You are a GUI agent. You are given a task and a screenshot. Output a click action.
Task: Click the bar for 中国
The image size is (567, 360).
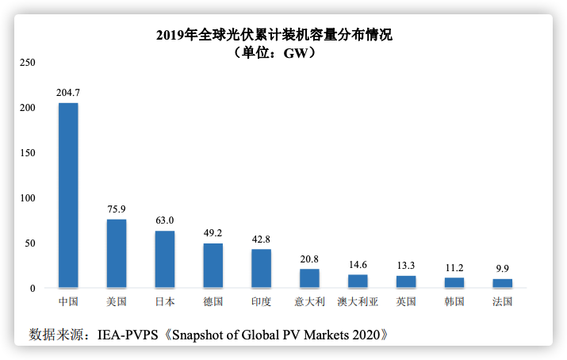(68, 195)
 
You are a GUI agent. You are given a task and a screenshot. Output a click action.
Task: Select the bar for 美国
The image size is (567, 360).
(117, 253)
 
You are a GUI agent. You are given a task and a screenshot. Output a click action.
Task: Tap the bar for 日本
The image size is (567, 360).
(165, 259)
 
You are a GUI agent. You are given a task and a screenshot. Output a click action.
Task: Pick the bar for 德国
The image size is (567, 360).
(213, 265)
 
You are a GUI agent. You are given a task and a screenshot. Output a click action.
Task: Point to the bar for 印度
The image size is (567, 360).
(261, 268)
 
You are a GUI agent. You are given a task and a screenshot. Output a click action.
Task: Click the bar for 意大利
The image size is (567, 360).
(309, 278)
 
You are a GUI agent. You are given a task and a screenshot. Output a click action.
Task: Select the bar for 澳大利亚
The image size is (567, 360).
(358, 281)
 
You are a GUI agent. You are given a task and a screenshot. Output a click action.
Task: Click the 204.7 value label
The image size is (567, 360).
(68, 93)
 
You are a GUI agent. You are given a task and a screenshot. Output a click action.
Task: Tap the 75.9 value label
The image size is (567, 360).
(117, 209)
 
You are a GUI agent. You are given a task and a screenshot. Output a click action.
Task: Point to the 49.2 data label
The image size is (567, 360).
(213, 233)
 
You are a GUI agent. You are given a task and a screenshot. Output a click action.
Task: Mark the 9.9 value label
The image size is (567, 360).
(502, 269)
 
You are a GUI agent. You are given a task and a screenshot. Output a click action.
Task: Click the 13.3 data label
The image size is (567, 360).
(406, 266)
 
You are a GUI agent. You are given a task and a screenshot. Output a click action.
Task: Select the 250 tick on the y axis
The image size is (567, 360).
(27, 62)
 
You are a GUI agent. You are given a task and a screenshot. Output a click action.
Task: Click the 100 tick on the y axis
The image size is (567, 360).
(27, 197)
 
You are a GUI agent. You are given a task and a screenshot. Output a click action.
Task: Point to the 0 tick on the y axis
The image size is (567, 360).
(33, 288)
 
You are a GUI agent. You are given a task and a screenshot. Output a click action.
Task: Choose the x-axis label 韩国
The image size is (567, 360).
(454, 302)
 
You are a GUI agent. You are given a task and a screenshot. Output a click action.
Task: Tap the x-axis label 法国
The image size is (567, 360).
(502, 302)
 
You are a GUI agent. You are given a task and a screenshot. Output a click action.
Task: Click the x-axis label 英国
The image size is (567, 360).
(406, 302)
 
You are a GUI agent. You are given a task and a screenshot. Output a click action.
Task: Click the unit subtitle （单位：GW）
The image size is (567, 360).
(275, 53)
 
